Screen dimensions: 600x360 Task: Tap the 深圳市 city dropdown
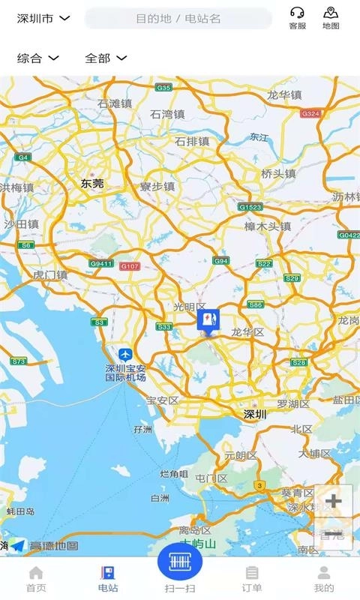43,18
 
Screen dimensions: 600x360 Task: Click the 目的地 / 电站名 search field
178,18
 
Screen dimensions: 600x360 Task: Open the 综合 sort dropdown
38,58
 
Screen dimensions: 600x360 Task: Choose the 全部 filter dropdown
105,58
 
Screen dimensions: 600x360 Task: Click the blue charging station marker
208,322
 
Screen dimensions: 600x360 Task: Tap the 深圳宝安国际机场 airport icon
125,354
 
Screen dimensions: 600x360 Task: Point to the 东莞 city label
92,183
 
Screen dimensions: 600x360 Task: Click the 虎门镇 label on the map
50,275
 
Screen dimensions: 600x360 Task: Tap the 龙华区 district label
247,332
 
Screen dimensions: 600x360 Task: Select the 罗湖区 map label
293,404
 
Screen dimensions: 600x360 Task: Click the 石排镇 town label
192,141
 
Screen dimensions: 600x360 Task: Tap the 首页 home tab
36,579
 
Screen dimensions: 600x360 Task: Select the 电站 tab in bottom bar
108,579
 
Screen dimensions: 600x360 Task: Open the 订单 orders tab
252,579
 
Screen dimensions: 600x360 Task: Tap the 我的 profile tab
324,579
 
